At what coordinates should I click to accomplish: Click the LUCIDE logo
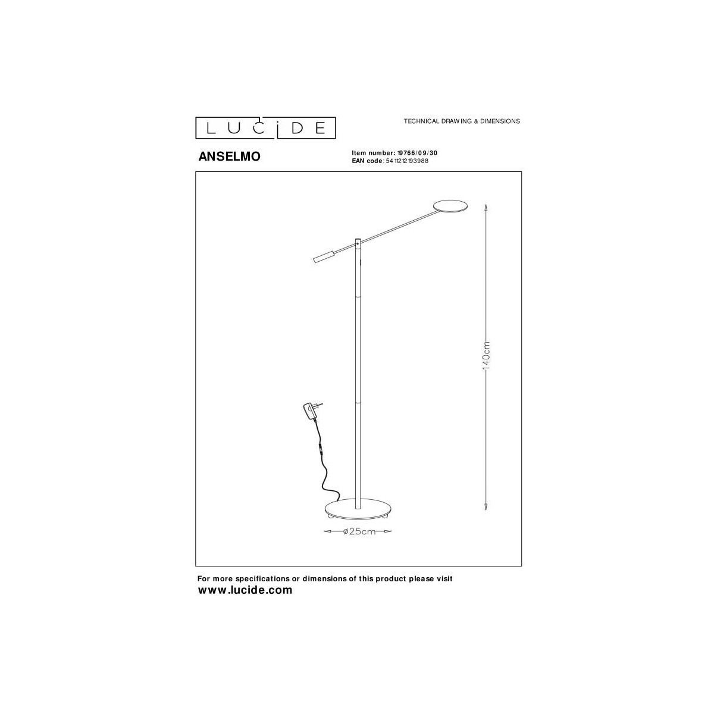[x=266, y=127]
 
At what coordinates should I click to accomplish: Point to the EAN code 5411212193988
[x=406, y=161]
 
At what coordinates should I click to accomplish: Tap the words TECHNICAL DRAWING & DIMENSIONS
[x=462, y=121]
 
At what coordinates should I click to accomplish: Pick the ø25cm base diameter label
[x=359, y=531]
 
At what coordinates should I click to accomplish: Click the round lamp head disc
[x=452, y=205]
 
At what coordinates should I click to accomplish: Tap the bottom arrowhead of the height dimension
[x=486, y=508]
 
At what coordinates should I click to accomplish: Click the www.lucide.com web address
[x=245, y=590]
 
